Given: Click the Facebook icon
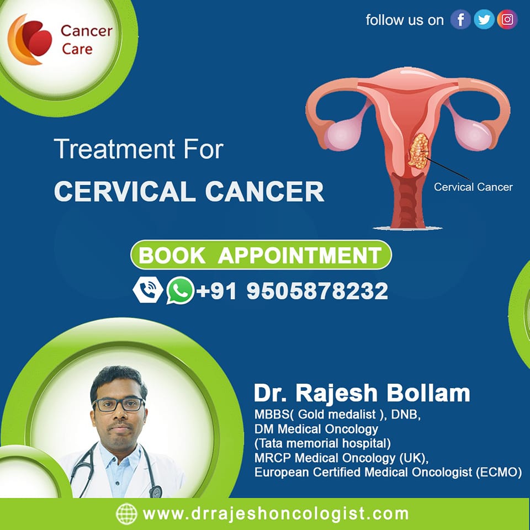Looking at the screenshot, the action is coord(460,20).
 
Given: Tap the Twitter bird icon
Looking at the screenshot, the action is coord(484,20).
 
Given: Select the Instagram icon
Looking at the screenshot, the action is coord(507,20).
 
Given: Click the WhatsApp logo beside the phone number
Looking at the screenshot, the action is coord(180,290).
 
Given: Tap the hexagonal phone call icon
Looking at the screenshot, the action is coord(148,290).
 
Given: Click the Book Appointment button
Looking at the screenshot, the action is coord(261,255).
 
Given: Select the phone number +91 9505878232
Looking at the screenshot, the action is coord(292,291).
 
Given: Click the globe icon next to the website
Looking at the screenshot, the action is coord(126,514).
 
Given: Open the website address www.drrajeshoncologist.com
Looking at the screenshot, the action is coord(275,514).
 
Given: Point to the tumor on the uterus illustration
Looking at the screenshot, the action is coord(418,151).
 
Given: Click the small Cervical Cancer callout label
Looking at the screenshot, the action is coord(473,187).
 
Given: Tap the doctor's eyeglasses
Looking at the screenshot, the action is coord(119,405).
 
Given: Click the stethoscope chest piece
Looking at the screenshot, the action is coord(156,491).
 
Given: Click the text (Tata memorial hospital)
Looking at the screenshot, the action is coord(322,443).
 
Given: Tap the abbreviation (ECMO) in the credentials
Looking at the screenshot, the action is coord(499,472).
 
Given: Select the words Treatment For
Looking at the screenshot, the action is coord(139,149).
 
